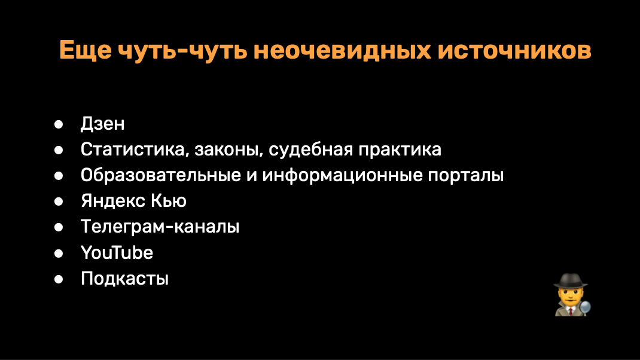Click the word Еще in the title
86,51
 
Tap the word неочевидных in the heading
342,51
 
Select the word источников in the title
515,51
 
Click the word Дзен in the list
102,124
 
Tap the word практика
400,150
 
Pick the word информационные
342,175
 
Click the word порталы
466,175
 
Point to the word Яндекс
113,201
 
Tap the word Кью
169,201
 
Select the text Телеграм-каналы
160,227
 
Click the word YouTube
117,252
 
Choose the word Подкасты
124,279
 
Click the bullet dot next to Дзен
59,124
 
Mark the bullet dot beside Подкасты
59,279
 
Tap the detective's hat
571,281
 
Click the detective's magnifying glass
586,307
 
